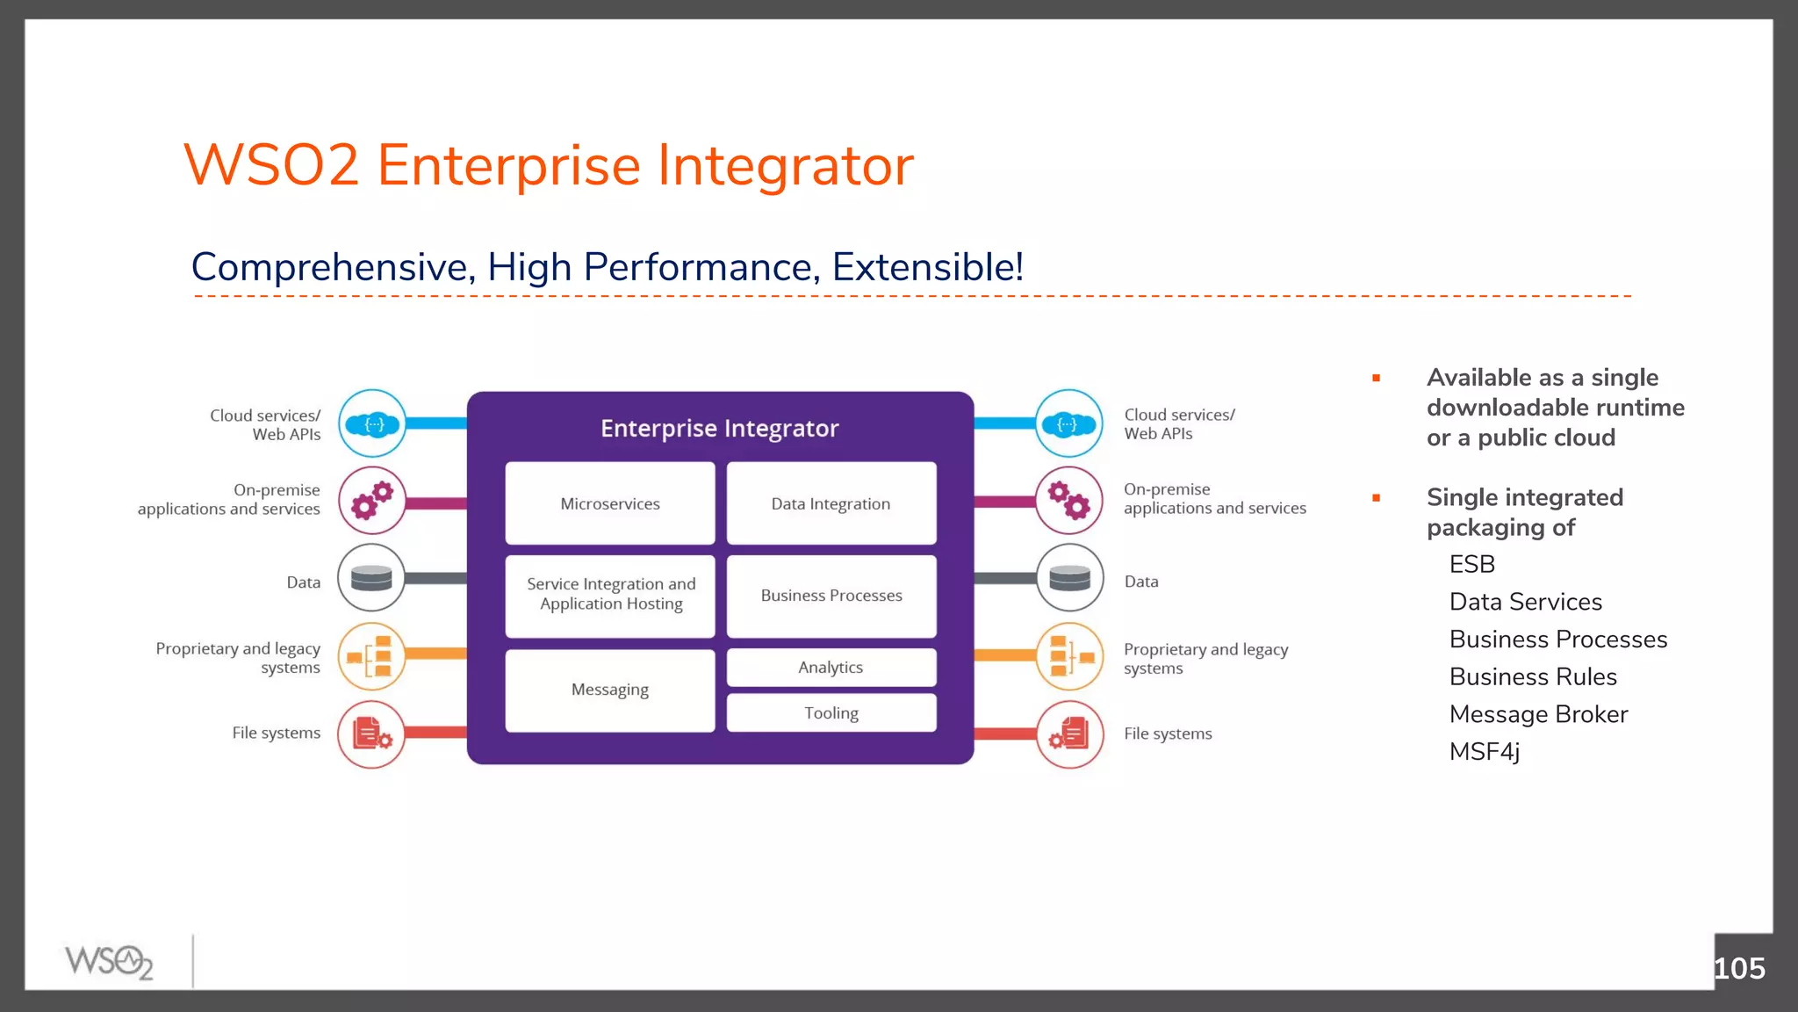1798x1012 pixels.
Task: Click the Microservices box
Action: (610, 503)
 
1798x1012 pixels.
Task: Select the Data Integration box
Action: (831, 503)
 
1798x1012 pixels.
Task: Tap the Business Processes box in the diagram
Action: (831, 596)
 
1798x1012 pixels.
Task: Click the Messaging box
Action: (610, 690)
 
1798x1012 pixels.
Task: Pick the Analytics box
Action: (831, 668)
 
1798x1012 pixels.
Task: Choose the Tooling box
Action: (831, 713)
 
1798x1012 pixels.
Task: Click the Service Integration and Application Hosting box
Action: (610, 595)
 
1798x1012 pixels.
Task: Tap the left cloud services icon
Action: (372, 424)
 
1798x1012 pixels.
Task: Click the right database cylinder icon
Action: (1069, 578)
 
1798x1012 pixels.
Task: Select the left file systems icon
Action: (372, 734)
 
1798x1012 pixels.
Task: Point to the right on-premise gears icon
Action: (1069, 501)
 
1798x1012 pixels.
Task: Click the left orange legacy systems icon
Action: (372, 656)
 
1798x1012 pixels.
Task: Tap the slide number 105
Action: (1738, 968)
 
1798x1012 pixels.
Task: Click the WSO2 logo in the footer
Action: (110, 961)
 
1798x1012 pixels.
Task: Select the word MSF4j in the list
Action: (1484, 752)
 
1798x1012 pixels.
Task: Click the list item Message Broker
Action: (1538, 714)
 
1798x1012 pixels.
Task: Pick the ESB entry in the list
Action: (1472, 564)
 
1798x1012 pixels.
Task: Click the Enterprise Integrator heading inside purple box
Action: (720, 429)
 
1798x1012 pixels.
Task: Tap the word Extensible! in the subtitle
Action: (927, 267)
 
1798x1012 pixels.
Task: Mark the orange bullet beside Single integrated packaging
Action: (1377, 498)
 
